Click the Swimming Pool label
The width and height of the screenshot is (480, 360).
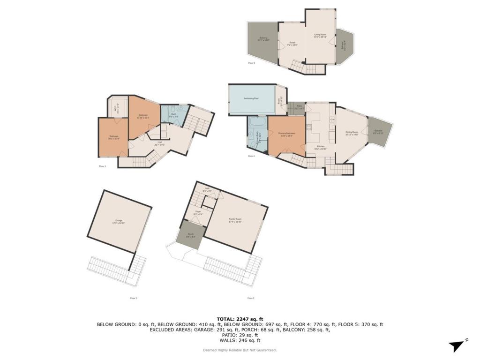(252, 98)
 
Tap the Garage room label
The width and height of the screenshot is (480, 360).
(118, 222)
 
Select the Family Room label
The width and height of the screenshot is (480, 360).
(235, 220)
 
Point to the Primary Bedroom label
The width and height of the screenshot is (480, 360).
(286, 134)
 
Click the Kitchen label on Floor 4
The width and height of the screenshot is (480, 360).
(321, 148)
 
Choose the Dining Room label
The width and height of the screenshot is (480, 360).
(352, 133)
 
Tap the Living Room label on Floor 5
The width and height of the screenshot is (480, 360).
(320, 35)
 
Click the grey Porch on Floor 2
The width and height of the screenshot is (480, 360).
(191, 235)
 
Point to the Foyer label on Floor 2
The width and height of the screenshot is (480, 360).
(198, 213)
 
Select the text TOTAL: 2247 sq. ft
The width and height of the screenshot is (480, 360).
(240, 319)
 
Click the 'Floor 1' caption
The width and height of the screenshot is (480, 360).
(134, 298)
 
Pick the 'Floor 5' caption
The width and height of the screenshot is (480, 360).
(252, 63)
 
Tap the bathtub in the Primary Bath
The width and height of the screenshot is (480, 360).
(257, 123)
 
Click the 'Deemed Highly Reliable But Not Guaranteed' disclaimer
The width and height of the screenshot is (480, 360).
(240, 350)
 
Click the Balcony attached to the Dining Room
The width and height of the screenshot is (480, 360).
(378, 132)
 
